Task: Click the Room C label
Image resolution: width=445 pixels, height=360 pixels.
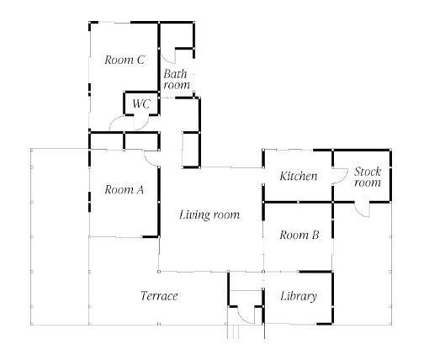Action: pyautogui.click(x=124, y=60)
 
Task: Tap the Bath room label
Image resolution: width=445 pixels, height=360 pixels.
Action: pyautogui.click(x=177, y=79)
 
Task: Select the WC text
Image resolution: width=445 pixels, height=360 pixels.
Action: pyautogui.click(x=141, y=103)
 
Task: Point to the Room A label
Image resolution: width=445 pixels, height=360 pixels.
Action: pyautogui.click(x=124, y=189)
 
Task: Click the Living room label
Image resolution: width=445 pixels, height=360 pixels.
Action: pyautogui.click(x=209, y=214)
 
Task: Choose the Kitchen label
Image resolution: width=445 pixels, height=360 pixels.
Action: pyautogui.click(x=299, y=176)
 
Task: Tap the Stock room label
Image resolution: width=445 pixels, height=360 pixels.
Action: pyautogui.click(x=368, y=177)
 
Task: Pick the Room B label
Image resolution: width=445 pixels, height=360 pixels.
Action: pyautogui.click(x=299, y=235)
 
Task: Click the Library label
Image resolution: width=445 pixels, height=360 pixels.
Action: pyautogui.click(x=299, y=296)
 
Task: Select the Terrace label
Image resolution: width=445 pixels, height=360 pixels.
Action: pyautogui.click(x=159, y=296)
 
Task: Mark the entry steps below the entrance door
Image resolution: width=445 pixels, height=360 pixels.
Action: pyautogui.click(x=233, y=331)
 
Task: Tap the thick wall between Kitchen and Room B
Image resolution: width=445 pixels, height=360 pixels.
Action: pyautogui.click(x=298, y=202)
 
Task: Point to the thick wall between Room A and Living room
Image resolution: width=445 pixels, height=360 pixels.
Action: pyautogui.click(x=159, y=201)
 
